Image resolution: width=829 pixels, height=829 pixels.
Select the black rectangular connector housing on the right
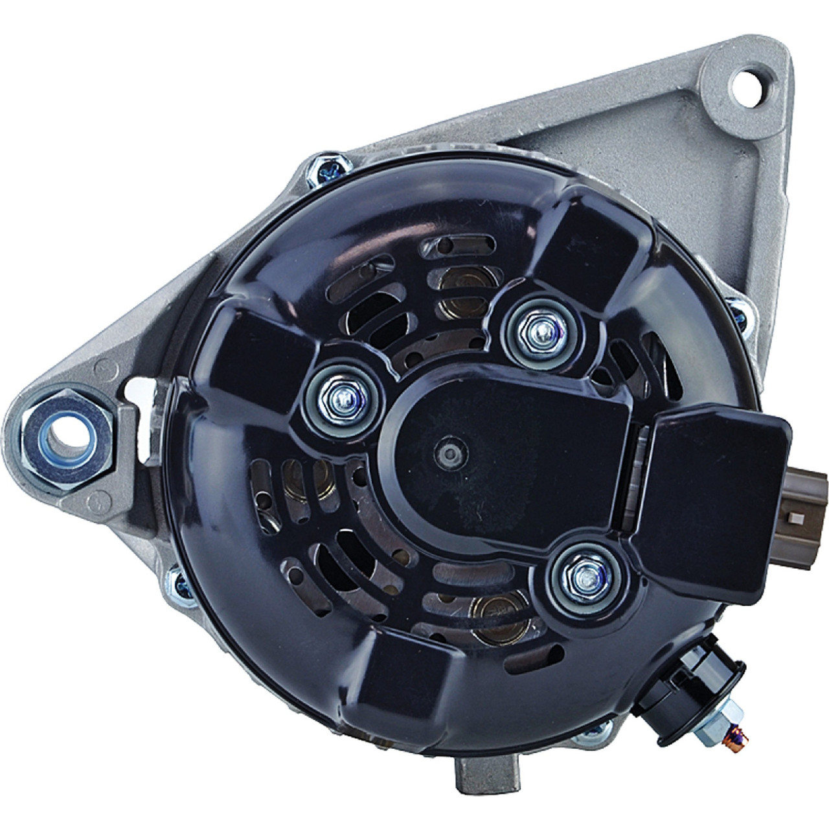[x=719, y=492]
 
